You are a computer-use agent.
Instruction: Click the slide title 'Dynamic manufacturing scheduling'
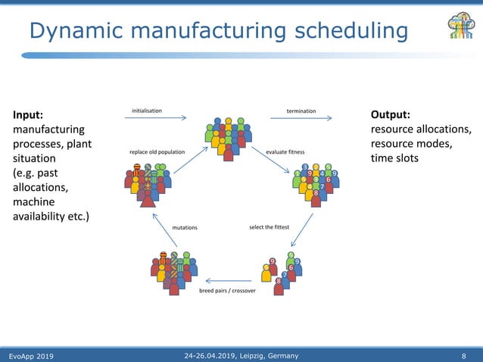[x=218, y=31]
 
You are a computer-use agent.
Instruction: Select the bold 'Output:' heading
[x=391, y=115]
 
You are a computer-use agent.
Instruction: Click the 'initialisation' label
[x=147, y=111]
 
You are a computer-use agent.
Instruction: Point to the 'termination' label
[x=301, y=111]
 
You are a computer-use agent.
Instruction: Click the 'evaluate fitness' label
[x=285, y=152]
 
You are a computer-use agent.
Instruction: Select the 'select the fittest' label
[x=270, y=226]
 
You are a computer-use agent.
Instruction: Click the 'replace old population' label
[x=157, y=152]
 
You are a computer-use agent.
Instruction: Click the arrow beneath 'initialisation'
[x=159, y=118]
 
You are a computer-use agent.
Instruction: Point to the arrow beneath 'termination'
[x=301, y=118]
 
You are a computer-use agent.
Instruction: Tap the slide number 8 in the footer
[x=463, y=356]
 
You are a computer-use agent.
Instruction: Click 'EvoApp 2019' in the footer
[x=31, y=356]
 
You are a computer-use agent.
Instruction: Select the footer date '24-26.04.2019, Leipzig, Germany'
[x=241, y=356]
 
